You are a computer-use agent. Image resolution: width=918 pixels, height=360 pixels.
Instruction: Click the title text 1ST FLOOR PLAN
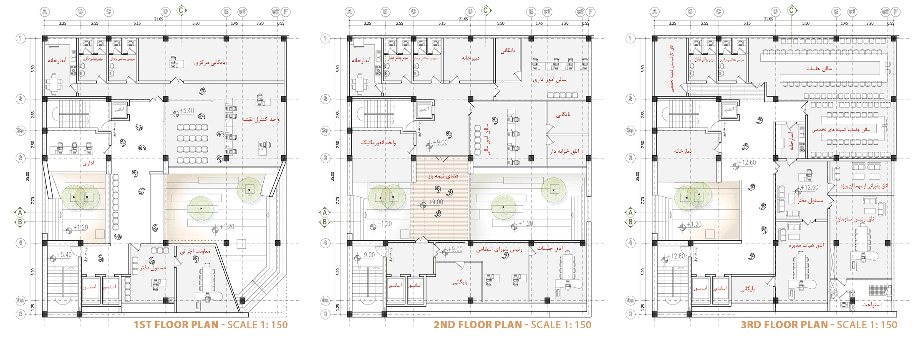176,325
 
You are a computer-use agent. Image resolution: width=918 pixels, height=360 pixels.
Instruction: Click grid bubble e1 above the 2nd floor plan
547,12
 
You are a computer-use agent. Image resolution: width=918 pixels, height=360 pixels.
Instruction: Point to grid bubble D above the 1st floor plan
166,12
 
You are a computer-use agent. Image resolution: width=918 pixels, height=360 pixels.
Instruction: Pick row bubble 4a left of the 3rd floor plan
630,300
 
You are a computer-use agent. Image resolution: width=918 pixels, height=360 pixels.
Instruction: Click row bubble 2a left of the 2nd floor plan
325,131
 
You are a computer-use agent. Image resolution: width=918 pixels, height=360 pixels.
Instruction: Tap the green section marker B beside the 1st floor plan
20,222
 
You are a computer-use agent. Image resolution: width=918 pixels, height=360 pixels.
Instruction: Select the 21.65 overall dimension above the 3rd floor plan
768,19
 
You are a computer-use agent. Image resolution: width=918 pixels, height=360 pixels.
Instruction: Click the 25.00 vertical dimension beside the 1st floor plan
28,176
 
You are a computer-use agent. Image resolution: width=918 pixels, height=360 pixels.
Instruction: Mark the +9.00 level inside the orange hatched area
435,202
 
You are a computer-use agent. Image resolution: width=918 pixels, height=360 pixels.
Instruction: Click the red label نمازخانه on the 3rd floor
683,151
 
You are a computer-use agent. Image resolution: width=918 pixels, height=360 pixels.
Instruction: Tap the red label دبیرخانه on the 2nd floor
470,58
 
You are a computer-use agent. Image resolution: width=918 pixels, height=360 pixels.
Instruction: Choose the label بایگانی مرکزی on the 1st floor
210,63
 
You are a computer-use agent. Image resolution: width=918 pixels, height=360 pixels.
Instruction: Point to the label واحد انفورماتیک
378,143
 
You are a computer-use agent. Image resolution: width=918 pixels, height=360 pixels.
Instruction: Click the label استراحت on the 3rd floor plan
872,305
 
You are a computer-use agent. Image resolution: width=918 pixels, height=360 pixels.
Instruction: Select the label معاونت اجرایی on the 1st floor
195,251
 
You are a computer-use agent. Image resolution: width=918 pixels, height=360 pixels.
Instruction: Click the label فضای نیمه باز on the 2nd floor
443,176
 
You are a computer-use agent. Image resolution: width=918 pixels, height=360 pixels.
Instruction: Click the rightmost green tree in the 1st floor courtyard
249,189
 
